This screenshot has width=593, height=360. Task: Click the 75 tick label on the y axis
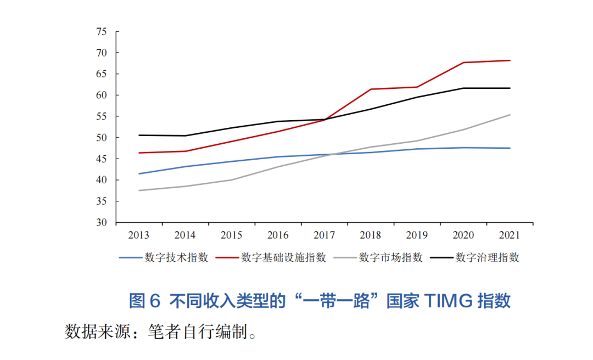[100, 32]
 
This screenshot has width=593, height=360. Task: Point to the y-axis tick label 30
[100, 223]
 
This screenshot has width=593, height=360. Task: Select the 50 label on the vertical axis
[100, 138]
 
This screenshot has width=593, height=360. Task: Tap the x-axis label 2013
[139, 235]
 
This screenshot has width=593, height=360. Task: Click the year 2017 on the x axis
[325, 235]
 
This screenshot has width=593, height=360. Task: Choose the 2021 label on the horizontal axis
[510, 235]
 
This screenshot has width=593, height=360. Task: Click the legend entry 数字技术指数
[176, 257]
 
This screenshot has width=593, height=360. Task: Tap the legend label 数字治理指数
[487, 257]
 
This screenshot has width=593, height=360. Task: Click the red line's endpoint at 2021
[510, 60]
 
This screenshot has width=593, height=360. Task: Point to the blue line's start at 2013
[139, 173]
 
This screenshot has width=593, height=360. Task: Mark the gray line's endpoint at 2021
[510, 115]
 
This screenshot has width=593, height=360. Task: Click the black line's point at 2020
[463, 88]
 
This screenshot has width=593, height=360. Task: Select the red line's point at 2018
[371, 89]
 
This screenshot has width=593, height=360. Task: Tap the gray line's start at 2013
[139, 190]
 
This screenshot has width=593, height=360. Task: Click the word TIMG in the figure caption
[440, 301]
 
